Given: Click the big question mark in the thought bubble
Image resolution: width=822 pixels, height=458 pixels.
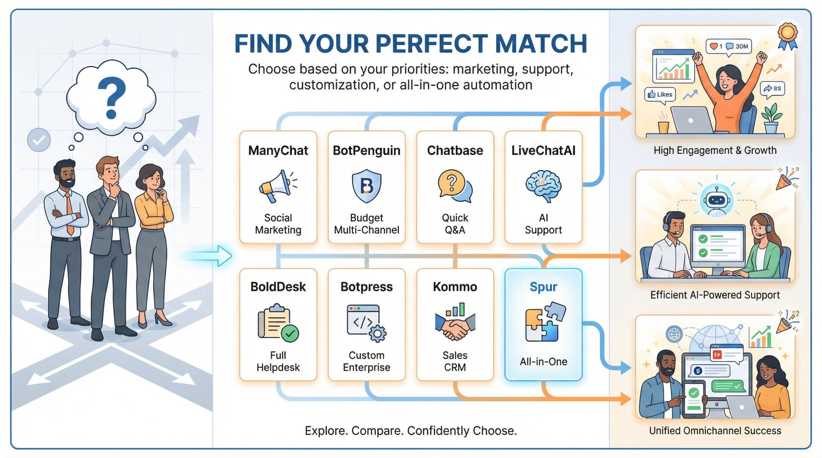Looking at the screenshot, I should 111,98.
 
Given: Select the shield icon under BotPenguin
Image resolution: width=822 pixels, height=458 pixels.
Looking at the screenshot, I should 367,185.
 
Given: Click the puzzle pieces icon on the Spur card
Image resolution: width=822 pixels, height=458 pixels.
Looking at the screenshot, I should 545,322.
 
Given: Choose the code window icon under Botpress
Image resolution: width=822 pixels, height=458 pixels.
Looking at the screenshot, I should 366,323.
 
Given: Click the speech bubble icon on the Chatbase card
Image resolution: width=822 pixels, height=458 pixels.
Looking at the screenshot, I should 455,186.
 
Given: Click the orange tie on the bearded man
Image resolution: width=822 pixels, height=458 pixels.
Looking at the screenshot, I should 69,213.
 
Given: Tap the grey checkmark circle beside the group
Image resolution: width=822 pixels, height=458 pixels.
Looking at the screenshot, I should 39,140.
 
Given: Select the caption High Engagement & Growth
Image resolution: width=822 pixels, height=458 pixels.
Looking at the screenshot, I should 715,150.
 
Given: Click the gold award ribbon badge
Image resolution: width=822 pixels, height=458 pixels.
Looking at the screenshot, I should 787,36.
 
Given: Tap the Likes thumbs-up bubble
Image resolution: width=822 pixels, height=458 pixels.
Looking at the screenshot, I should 660,94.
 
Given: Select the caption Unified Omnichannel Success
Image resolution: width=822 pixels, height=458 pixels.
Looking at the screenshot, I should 715,431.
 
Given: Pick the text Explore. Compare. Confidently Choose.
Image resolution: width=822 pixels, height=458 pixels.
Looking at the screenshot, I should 411,431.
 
